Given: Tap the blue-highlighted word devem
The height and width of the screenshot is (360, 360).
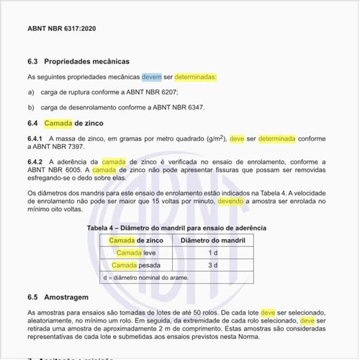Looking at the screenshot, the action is (152, 76).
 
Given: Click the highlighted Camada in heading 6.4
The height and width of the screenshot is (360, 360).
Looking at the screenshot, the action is (58, 124).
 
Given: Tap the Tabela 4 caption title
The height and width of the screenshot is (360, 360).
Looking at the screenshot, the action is (177, 228).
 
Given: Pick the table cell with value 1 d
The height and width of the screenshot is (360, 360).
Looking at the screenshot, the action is (213, 253).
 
